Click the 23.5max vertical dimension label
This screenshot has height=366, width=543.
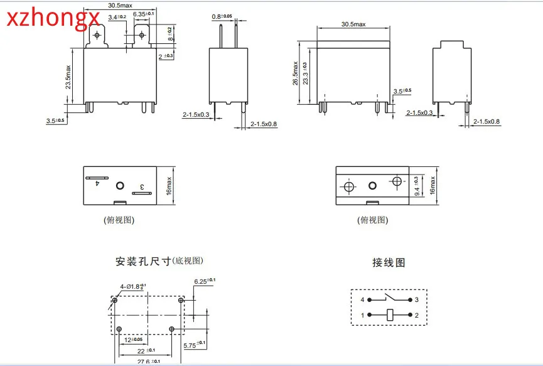click(x=68, y=77)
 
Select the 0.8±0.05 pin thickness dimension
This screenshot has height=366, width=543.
click(x=222, y=16)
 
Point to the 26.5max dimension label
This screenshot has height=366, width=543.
click(x=296, y=74)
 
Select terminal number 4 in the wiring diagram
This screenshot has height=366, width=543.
click(x=362, y=299)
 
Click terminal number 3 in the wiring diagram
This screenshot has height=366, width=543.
click(x=416, y=299)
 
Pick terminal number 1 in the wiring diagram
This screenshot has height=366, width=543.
click(x=362, y=315)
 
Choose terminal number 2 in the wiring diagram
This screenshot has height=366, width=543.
click(x=416, y=315)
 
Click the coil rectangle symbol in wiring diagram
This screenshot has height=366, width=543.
click(x=389, y=315)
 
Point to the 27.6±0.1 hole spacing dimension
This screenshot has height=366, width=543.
click(x=148, y=361)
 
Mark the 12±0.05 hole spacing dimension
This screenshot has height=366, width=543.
click(x=133, y=340)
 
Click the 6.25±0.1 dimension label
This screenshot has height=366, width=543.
click(x=205, y=280)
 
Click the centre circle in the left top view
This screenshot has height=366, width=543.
click(x=120, y=185)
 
